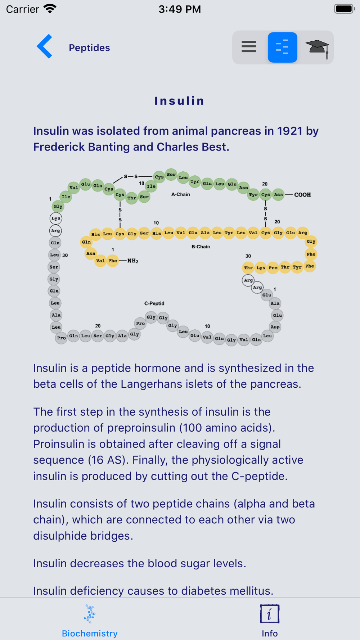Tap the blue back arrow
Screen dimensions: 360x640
pyautogui.click(x=45, y=46)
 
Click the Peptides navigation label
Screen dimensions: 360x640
pyautogui.click(x=89, y=48)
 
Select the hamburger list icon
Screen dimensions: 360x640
pyautogui.click(x=249, y=47)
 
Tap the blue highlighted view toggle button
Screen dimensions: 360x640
pyautogui.click(x=283, y=48)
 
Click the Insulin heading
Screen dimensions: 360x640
pyautogui.click(x=180, y=101)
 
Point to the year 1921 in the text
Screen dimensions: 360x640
pyautogui.click(x=289, y=131)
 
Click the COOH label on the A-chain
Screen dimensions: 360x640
pyautogui.click(x=302, y=195)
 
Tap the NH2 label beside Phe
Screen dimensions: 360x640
pyautogui.click(x=133, y=261)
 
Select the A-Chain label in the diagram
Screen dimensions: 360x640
pyautogui.click(x=180, y=194)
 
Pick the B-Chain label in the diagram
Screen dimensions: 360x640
pyautogui.click(x=201, y=247)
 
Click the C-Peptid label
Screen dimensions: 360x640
pyautogui.click(x=154, y=303)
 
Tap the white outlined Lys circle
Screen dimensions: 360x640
pyautogui.click(x=56, y=218)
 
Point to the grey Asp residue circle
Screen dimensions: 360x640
pyautogui.click(x=275, y=327)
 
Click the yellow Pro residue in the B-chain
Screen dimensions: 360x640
pyautogui.click(x=273, y=267)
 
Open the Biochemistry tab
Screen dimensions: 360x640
pyautogui.click(x=90, y=621)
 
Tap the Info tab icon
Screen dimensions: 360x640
pyautogui.click(x=270, y=614)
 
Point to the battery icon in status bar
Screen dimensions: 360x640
pyautogui.click(x=345, y=9)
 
